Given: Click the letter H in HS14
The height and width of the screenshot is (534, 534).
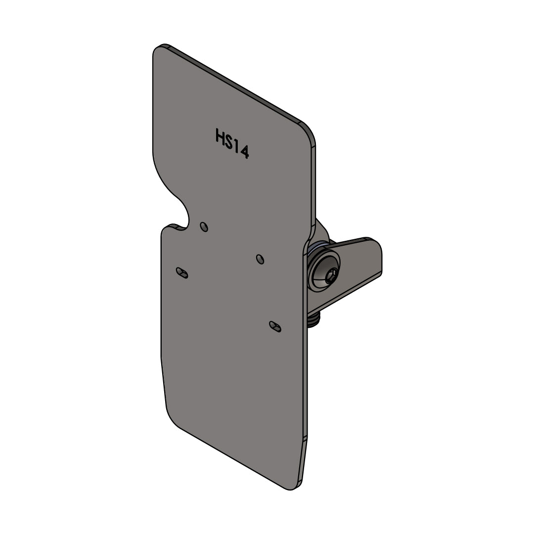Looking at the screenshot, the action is pyautogui.click(x=220, y=135).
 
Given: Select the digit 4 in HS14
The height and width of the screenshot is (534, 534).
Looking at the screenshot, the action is pyautogui.click(x=244, y=151).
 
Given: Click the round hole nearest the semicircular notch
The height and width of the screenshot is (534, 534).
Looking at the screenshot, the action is pyautogui.click(x=204, y=226).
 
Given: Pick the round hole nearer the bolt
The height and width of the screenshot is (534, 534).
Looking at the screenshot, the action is pyautogui.click(x=260, y=259).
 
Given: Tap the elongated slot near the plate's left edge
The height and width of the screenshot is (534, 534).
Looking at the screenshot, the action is pyautogui.click(x=182, y=273).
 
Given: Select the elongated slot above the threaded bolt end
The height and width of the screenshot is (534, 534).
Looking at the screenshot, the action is pyautogui.click(x=275, y=326).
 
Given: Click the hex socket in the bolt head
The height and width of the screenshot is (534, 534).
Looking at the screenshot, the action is pyautogui.click(x=332, y=273).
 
